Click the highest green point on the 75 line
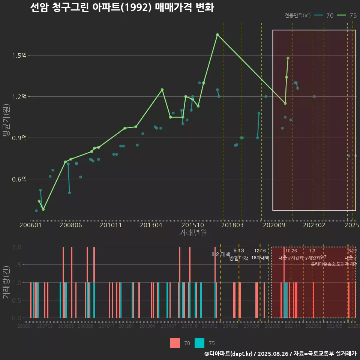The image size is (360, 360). point(217,34)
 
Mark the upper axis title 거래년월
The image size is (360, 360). point(193,233)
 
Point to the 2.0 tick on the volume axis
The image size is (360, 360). point(17,247)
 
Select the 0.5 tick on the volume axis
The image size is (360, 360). point(17,300)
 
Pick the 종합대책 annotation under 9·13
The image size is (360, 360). point(238,258)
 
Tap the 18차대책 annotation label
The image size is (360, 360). point(260,258)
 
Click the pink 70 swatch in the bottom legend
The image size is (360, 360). point(175,343)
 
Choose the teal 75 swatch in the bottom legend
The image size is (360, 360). point(199,343)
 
